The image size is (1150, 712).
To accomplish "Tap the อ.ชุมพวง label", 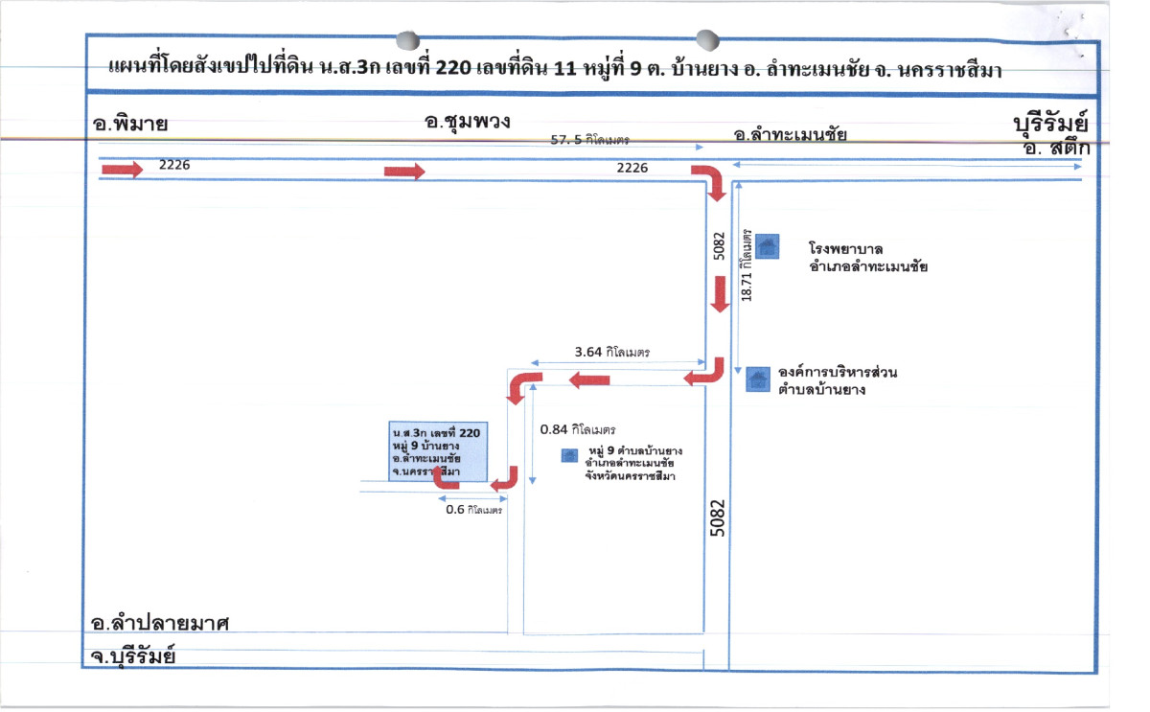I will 466,123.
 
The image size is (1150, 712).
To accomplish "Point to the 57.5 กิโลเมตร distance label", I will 589,140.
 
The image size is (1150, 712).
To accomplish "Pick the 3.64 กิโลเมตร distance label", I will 611,352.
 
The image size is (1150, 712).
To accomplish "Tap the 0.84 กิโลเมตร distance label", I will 578,429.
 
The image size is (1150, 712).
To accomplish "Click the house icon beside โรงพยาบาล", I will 767,247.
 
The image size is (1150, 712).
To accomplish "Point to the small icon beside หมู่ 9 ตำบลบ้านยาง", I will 568,455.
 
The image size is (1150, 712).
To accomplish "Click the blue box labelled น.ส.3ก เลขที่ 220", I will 438,451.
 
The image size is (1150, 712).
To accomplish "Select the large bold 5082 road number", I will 718,517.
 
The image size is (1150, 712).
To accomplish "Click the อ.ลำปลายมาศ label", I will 160,624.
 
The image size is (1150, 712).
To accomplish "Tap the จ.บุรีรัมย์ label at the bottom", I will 133,657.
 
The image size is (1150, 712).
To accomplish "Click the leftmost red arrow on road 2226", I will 123,171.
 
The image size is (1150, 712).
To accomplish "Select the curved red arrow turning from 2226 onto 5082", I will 710,182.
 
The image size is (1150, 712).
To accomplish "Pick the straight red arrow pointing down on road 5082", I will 720,293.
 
